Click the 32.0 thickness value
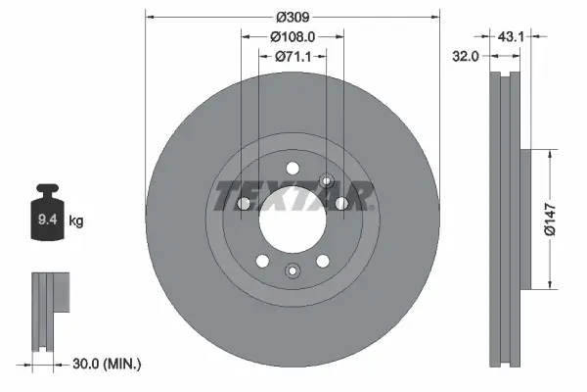466,57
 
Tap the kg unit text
76,221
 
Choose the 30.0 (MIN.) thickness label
109,364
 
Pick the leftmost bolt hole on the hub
245,204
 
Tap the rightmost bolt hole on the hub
341,204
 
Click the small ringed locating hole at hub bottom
291,270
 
